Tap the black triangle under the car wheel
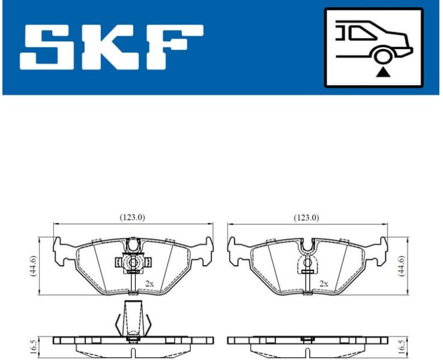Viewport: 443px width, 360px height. [x=382, y=73]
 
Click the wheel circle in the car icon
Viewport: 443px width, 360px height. [x=381, y=57]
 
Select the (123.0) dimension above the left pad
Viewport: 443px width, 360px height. [x=133, y=218]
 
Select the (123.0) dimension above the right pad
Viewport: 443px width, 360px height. [x=306, y=218]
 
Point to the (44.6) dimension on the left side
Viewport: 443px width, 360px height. [x=34, y=265]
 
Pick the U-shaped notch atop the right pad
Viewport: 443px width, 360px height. [x=307, y=245]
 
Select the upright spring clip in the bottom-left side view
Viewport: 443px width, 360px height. [x=133, y=318]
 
